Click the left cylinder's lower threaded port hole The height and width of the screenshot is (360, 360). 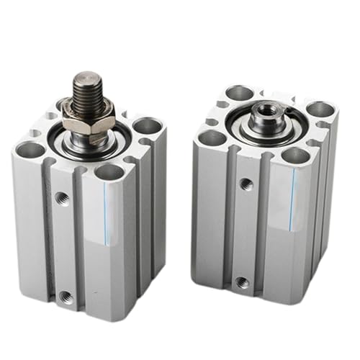[66, 295]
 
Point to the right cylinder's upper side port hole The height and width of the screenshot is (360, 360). [246, 184]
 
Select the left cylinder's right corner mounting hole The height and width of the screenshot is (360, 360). [148, 125]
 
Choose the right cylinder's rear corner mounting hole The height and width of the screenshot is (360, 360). [240, 93]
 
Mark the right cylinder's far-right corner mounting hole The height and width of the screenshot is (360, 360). [320, 109]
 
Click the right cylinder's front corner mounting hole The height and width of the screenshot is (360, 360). [296, 155]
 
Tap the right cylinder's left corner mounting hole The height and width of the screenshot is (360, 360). [212, 137]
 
